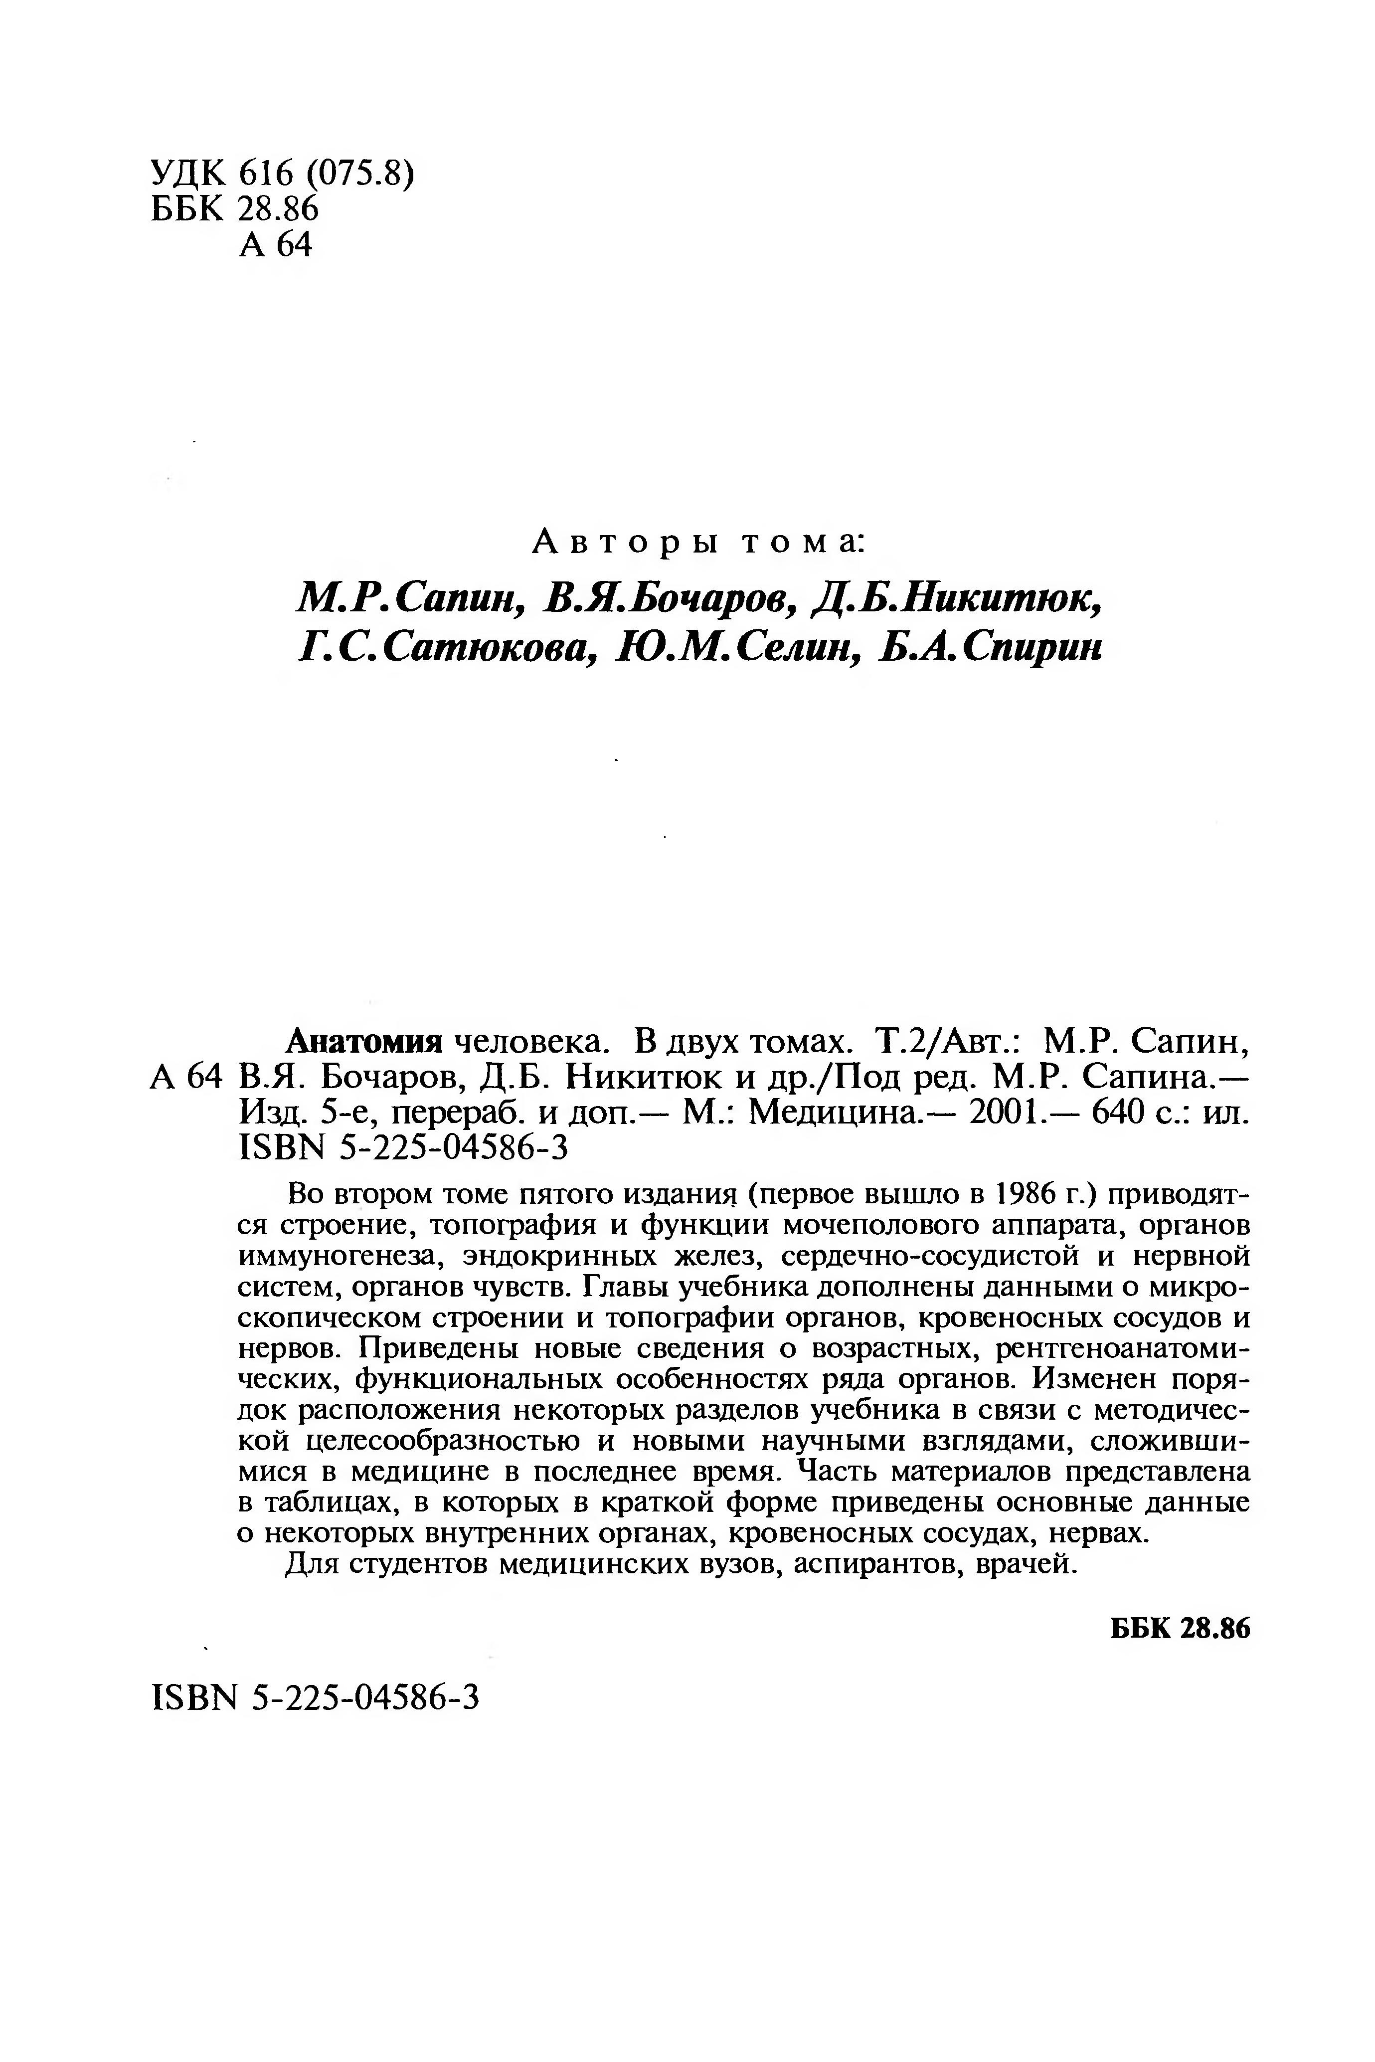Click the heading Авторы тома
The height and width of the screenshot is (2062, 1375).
click(699, 543)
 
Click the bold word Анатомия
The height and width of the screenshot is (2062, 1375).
click(364, 1041)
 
